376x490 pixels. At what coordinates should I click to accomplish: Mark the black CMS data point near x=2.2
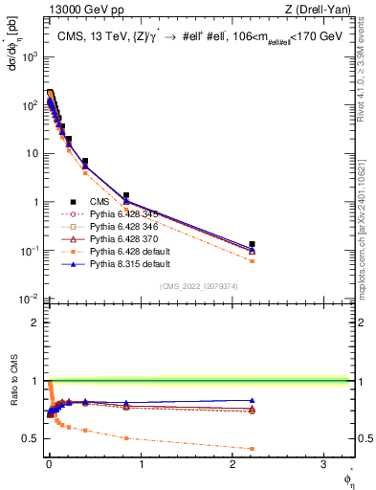coord(253,244)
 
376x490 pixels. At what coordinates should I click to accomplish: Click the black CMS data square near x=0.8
coord(125,195)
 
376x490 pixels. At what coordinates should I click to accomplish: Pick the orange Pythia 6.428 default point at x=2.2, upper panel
coord(253,260)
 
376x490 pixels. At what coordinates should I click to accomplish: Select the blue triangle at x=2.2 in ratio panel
coord(253,401)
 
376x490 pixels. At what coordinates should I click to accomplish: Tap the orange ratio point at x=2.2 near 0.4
coord(253,449)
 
